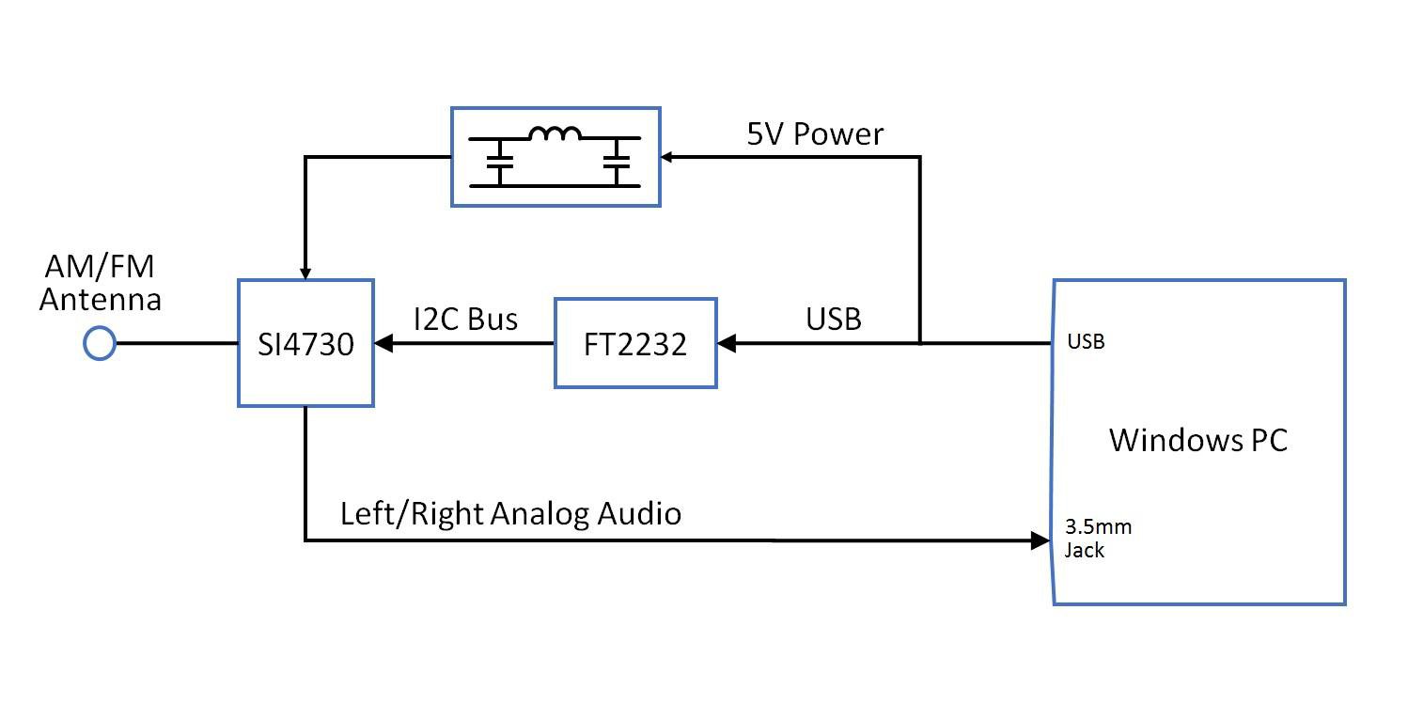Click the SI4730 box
pyautogui.click(x=305, y=344)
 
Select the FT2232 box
pyautogui.click(x=635, y=344)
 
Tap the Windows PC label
pyautogui.click(x=1198, y=440)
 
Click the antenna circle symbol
pyautogui.click(x=99, y=343)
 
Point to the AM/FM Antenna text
pyautogui.click(x=100, y=285)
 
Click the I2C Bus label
pyautogui.click(x=465, y=319)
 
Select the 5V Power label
pyautogui.click(x=815, y=134)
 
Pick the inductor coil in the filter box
pyautogui.click(x=555, y=135)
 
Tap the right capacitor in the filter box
pyautogui.click(x=617, y=162)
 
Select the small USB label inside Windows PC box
pyautogui.click(x=1086, y=342)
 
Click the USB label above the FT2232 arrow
pyautogui.click(x=834, y=319)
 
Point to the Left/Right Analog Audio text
pyautogui.click(x=510, y=514)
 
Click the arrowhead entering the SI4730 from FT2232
pyautogui.click(x=383, y=344)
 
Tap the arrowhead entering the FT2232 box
pyautogui.click(x=726, y=344)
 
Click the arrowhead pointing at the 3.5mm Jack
pyautogui.click(x=1040, y=540)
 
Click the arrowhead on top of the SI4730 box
pyautogui.click(x=305, y=271)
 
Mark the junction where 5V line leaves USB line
pyautogui.click(x=919, y=344)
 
